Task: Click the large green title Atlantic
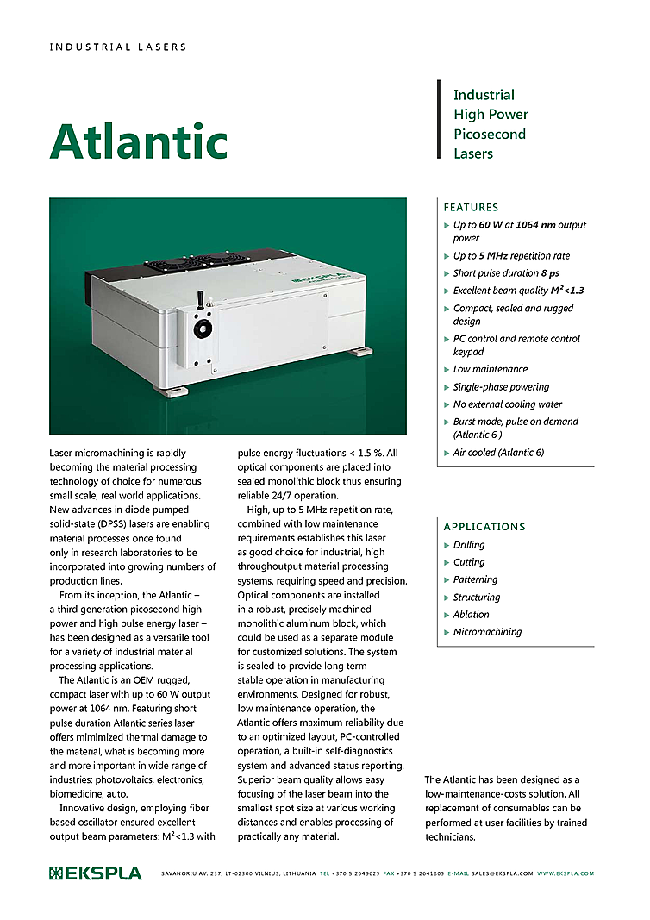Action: [x=138, y=140]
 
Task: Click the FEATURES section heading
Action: [x=471, y=207]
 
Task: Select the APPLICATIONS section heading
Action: [x=484, y=526]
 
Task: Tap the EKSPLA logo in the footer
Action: [x=95, y=873]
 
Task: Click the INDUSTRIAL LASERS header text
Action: [x=118, y=47]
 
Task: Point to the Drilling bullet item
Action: [x=469, y=545]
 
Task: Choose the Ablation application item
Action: [x=471, y=615]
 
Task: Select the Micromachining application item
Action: [x=487, y=632]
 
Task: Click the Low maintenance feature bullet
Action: [x=491, y=369]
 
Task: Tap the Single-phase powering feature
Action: [x=501, y=387]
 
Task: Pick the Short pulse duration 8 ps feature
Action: [x=501, y=273]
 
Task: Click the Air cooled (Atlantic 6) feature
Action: [x=498, y=453]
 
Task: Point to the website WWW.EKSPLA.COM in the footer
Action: [x=566, y=873]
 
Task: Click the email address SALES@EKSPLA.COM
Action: [x=503, y=873]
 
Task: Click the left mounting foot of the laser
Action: [x=169, y=390]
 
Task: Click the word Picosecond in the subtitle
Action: [x=490, y=134]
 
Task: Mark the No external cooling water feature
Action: [x=508, y=404]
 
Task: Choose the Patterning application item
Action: [x=475, y=579]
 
